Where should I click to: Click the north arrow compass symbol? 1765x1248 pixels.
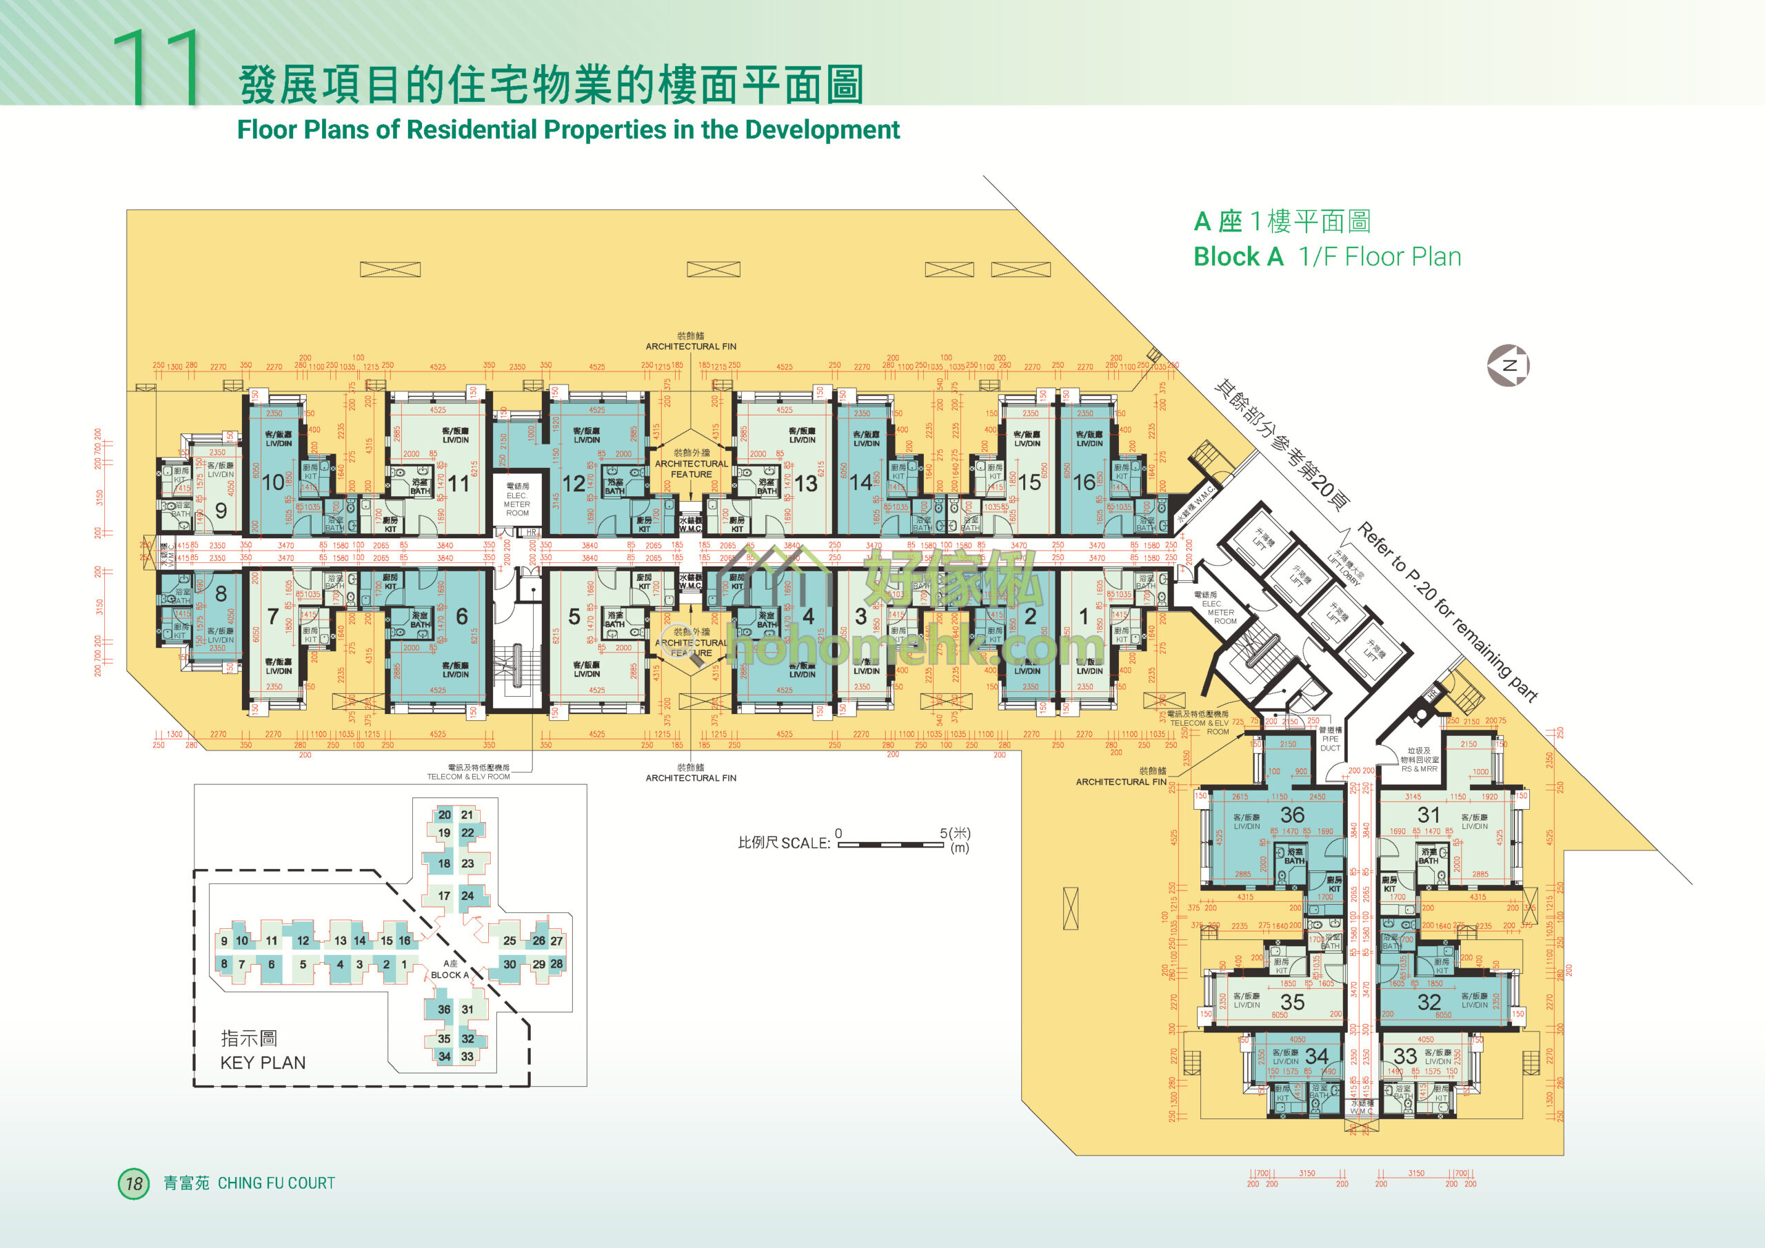coord(1509,365)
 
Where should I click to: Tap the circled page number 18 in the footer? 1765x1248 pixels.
coord(134,1183)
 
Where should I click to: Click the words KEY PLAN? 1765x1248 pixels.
coord(263,1063)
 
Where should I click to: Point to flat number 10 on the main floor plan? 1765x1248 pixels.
coord(273,482)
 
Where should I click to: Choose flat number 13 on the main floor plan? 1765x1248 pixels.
coord(806,483)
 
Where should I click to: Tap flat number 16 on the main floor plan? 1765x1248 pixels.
coord(1084,482)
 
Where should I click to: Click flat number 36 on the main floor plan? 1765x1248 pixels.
coord(1292,815)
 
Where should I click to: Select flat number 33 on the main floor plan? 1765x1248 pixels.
coord(1405,1056)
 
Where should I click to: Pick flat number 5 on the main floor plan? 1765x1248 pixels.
coord(574,616)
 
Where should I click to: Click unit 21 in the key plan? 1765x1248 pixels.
coord(467,815)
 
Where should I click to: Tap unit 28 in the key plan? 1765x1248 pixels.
coord(556,963)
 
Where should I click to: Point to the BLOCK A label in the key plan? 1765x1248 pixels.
coord(450,974)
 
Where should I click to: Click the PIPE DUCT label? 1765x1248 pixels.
coord(1330,743)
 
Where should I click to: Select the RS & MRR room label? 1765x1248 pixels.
coord(1419,768)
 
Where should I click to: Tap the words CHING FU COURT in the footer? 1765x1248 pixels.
coord(276,1183)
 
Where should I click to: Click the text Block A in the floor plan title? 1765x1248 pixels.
coord(1238,256)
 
